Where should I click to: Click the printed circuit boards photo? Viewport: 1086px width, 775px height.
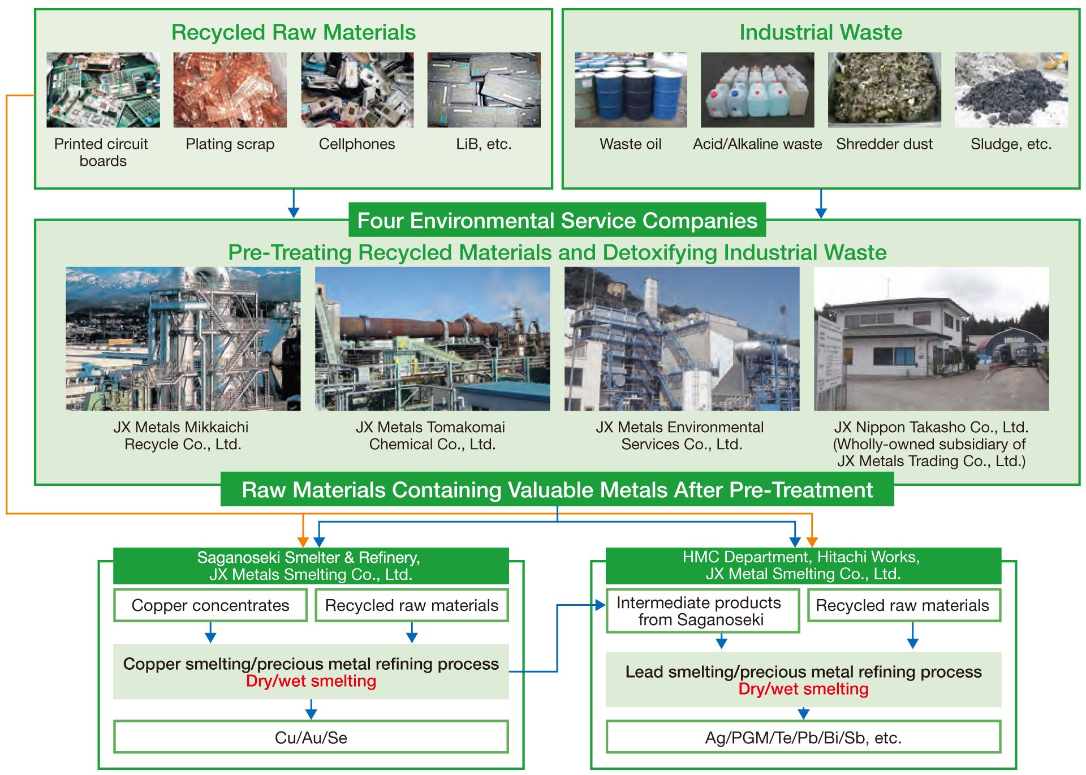pyautogui.click(x=103, y=90)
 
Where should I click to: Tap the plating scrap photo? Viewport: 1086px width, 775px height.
pyautogui.click(x=230, y=90)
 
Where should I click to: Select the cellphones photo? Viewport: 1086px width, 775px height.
pyautogui.click(x=357, y=90)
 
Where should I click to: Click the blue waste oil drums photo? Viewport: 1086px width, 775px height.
pyautogui.click(x=631, y=90)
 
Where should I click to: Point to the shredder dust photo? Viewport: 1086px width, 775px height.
pyautogui.click(x=884, y=90)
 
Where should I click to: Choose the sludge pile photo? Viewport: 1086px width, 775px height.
pyautogui.click(x=1011, y=90)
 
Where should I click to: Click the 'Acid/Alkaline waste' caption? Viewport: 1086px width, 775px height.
pyautogui.click(x=757, y=144)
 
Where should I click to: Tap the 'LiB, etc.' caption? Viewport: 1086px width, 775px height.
pyautogui.click(x=484, y=144)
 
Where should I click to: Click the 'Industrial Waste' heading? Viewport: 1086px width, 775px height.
pyautogui.click(x=821, y=32)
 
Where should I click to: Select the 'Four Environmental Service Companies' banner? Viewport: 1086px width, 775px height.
pyautogui.click(x=557, y=220)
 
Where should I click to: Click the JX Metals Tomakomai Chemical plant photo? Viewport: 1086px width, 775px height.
pyautogui.click(x=432, y=339)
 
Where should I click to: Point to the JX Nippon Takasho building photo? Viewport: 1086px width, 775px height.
pyautogui.click(x=931, y=339)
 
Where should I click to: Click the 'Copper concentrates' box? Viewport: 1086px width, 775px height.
pyautogui.click(x=210, y=605)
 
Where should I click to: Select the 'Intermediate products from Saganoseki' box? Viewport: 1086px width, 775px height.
pyautogui.click(x=703, y=611)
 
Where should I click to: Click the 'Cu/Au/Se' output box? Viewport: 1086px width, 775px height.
pyautogui.click(x=311, y=737)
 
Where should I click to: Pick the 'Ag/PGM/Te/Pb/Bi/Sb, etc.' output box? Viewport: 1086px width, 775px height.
pyautogui.click(x=803, y=737)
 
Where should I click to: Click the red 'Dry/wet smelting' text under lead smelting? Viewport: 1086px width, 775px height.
pyautogui.click(x=803, y=689)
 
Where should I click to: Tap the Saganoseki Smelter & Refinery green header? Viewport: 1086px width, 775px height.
pyautogui.click(x=311, y=566)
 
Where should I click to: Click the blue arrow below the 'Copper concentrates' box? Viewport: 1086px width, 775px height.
pyautogui.click(x=210, y=632)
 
